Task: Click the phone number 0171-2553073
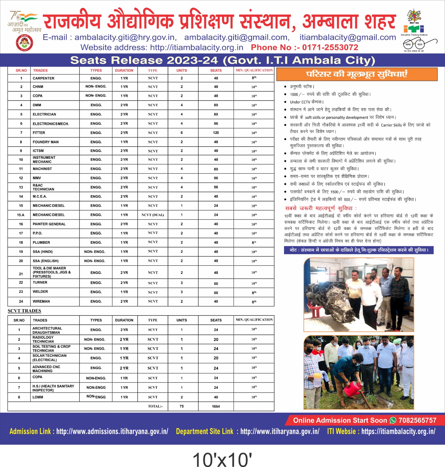[x=330, y=48]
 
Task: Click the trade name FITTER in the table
[x=39, y=133]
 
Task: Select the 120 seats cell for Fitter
[x=216, y=133]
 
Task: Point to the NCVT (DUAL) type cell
[x=153, y=215]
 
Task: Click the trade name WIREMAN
[x=41, y=302]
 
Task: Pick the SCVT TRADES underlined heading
[x=24, y=311]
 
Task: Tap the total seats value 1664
[x=216, y=406]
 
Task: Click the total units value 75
[x=181, y=406]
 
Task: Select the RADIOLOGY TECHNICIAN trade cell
[x=43, y=339]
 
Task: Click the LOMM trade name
[x=38, y=397]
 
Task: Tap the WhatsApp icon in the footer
[x=393, y=420]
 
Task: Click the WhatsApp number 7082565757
[x=417, y=420]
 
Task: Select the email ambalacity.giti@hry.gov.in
[x=126, y=37]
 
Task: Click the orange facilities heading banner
[x=356, y=74]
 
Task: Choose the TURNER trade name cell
[x=40, y=283]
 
